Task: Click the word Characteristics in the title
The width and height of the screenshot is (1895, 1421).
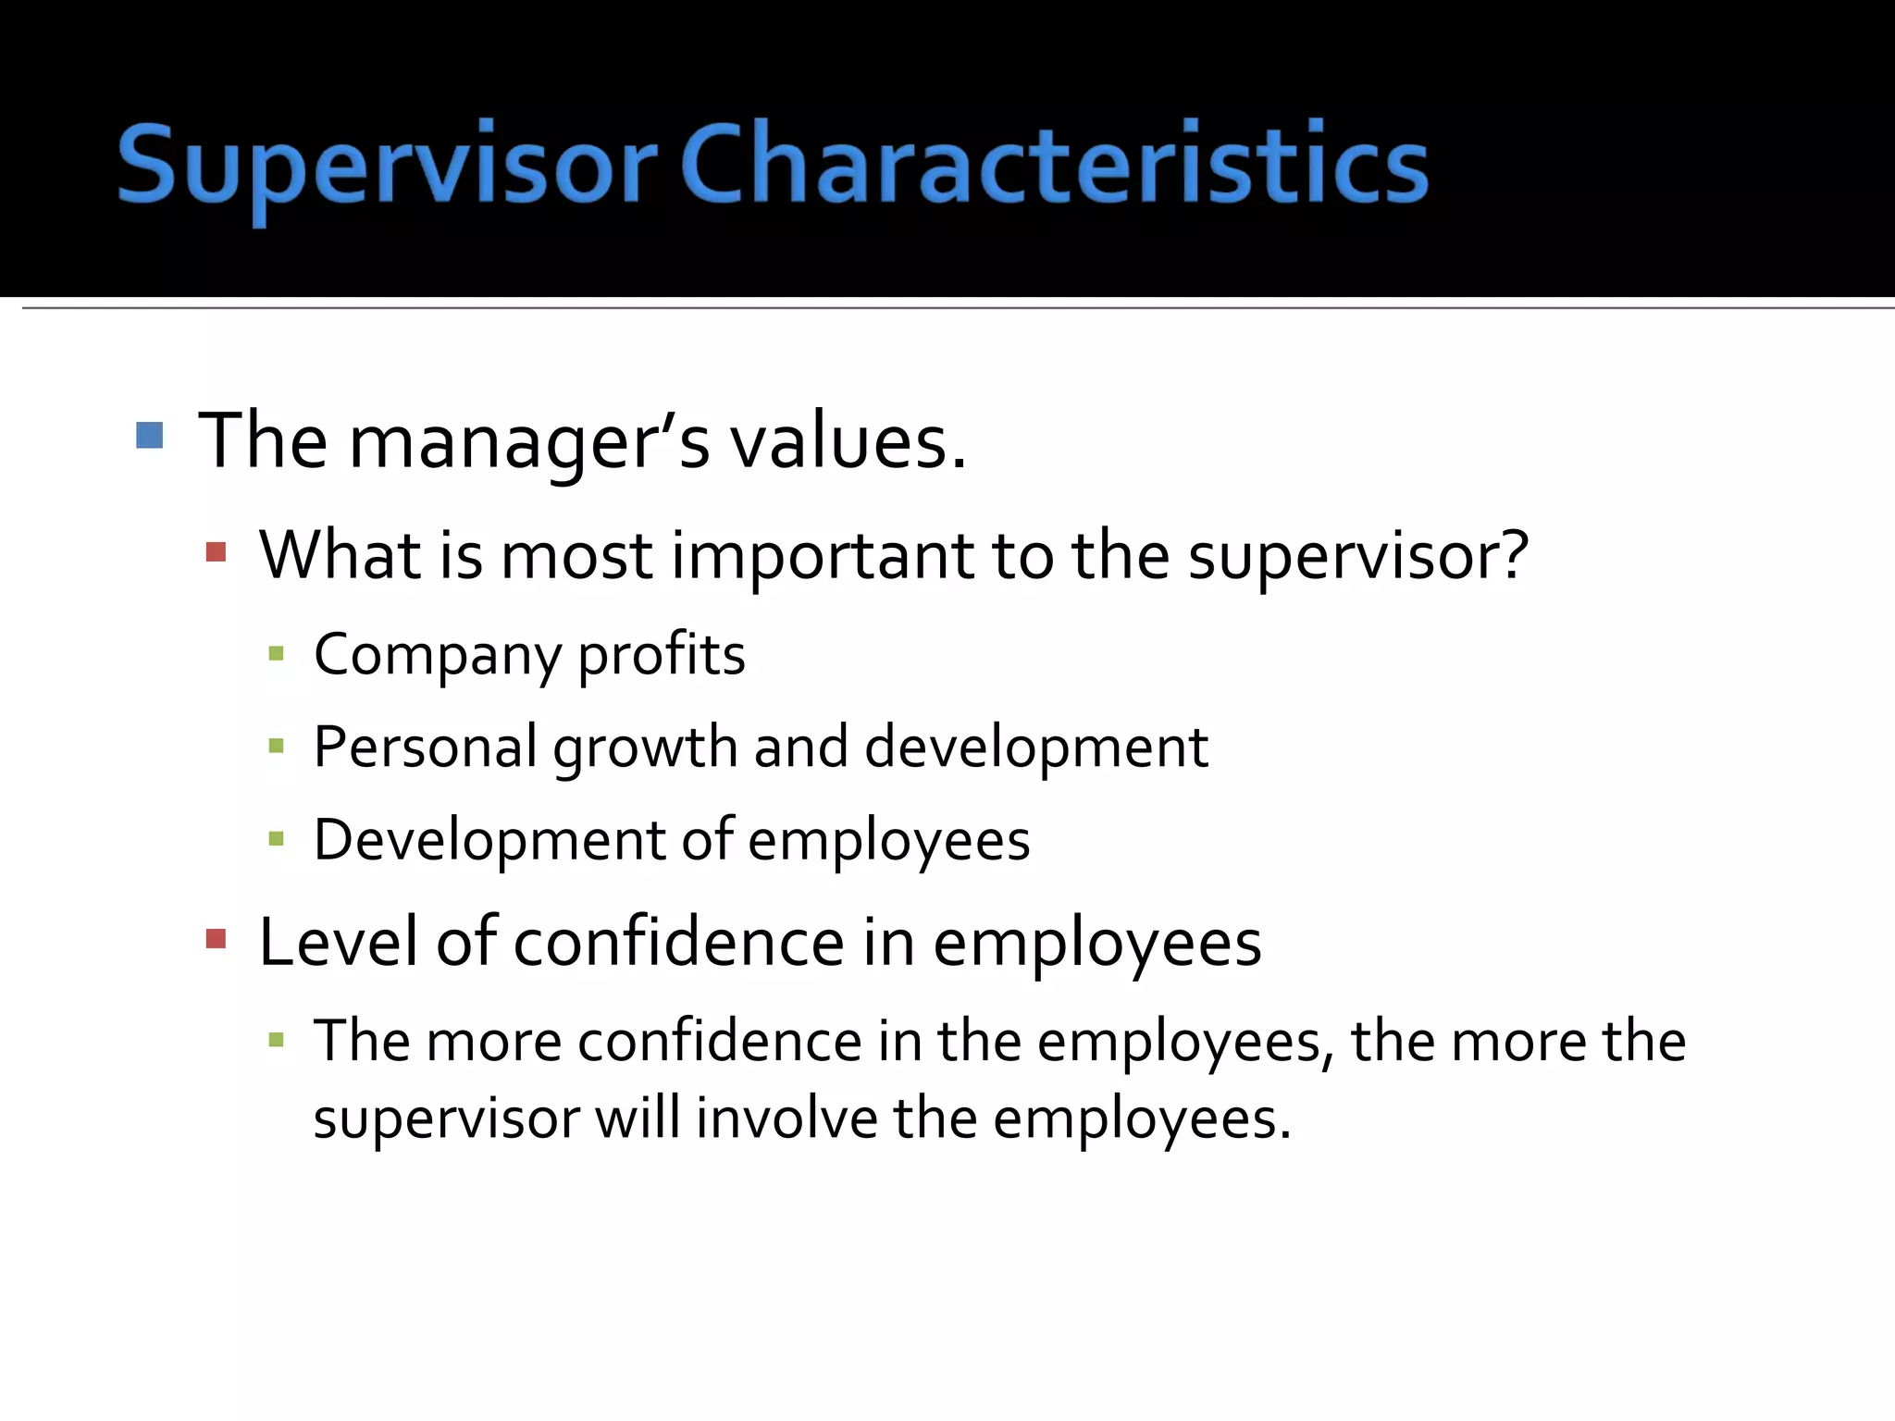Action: (1054, 165)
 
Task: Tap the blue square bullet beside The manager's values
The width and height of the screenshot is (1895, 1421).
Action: (149, 435)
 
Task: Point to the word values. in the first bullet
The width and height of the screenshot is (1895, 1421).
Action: (848, 442)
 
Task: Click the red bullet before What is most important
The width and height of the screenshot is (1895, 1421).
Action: (217, 552)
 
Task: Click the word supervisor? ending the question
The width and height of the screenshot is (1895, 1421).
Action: (1358, 557)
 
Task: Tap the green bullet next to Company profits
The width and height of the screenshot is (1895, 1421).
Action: (275, 654)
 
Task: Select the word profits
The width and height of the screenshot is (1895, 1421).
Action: (662, 656)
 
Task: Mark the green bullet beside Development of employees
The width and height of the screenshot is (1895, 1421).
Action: (275, 839)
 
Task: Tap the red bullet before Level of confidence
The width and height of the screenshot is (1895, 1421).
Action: (217, 940)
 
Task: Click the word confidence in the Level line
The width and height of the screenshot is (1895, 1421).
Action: (678, 943)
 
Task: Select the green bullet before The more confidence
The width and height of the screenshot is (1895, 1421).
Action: (275, 1040)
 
